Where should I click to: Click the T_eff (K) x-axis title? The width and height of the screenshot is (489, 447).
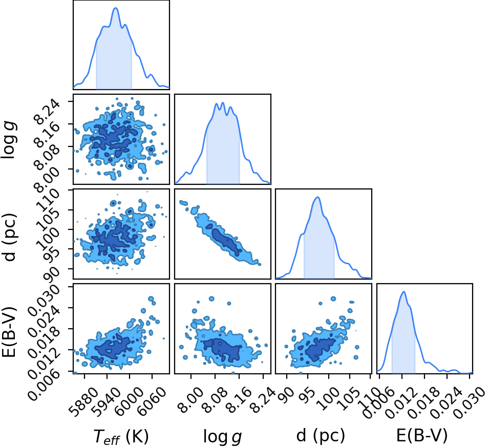click(121, 436)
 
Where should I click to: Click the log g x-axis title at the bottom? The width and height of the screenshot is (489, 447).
click(222, 436)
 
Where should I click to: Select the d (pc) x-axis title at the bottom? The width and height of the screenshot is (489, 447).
click(321, 435)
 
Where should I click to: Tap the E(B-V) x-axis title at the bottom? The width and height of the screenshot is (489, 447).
click(422, 435)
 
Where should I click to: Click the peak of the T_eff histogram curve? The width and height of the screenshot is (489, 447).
click(115, 8)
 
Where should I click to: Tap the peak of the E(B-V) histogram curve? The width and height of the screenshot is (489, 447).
click(404, 292)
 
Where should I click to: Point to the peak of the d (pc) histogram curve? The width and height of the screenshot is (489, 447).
click(317, 197)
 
